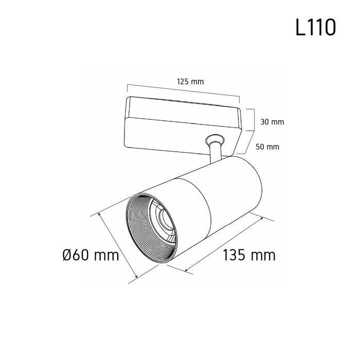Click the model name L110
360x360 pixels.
[316, 27]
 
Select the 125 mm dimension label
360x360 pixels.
[190, 81]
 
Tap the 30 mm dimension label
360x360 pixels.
[272, 122]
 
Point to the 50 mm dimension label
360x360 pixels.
[267, 147]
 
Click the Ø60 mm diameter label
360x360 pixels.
[91, 255]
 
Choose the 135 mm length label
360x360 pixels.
[249, 255]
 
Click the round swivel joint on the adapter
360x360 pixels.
[215, 139]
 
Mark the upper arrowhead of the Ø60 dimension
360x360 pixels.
[99, 214]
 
